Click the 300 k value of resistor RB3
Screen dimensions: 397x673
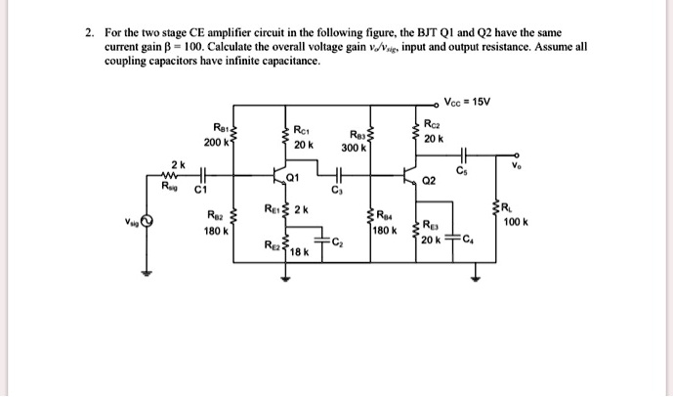click(354, 149)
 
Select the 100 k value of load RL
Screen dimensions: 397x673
click(517, 222)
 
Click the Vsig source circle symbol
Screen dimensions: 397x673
click(147, 221)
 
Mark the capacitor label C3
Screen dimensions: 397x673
click(337, 192)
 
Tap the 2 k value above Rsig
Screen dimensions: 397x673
click(177, 162)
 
